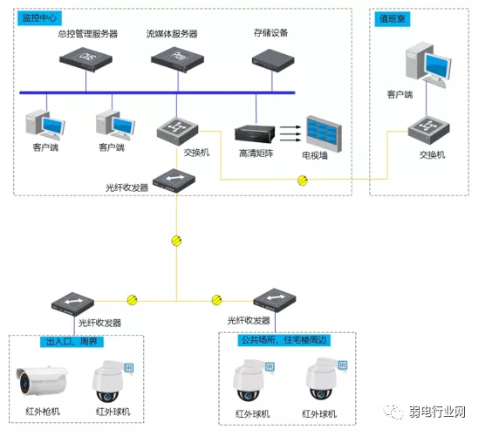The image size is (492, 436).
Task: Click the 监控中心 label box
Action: pyautogui.click(x=38, y=17)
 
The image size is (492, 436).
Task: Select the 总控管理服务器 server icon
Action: pyautogui.click(x=86, y=58)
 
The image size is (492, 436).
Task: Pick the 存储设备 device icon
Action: pyautogui.click(x=270, y=58)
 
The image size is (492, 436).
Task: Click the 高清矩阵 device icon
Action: pyautogui.click(x=255, y=134)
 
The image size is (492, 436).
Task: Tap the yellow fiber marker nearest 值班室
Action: pyautogui.click(x=303, y=181)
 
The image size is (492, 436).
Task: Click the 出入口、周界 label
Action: pyautogui.click(x=67, y=340)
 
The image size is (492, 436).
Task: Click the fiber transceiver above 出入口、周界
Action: pyautogui.click(x=72, y=302)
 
